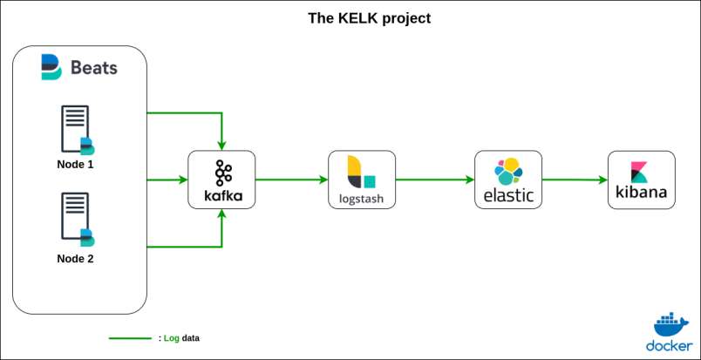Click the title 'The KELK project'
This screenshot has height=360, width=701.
click(370, 17)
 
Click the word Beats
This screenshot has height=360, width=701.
click(95, 67)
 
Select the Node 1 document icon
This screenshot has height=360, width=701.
click(77, 130)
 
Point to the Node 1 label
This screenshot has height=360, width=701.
click(76, 164)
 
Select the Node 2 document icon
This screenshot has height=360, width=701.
click(77, 219)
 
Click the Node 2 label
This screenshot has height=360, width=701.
click(76, 258)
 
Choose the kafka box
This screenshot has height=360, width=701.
click(222, 180)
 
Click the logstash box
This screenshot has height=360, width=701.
click(362, 180)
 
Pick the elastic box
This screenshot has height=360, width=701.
click(508, 180)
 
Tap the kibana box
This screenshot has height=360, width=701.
click(642, 180)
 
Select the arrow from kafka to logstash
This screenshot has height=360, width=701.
click(291, 180)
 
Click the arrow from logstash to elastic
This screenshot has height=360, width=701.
click(435, 180)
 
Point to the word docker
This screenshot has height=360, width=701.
click(670, 345)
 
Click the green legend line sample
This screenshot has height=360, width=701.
click(130, 337)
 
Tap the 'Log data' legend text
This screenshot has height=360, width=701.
click(181, 337)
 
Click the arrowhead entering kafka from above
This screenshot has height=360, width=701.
click(223, 145)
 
